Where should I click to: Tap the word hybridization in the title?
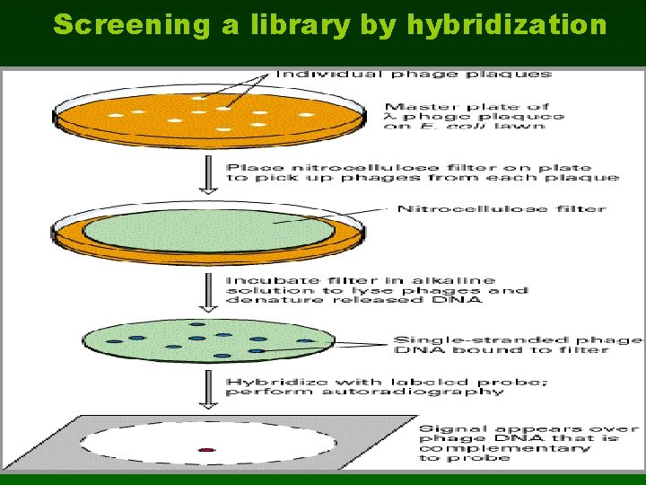pyautogui.click(x=507, y=25)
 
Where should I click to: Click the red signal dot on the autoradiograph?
pyautogui.click(x=206, y=449)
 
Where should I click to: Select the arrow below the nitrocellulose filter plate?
pyautogui.click(x=208, y=289)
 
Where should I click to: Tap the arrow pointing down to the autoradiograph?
pyautogui.click(x=208, y=387)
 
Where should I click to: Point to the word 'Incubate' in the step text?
pyautogui.click(x=260, y=280)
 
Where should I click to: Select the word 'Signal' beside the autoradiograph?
pyautogui.click(x=446, y=429)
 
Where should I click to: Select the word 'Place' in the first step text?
pyautogui.click(x=246, y=167)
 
